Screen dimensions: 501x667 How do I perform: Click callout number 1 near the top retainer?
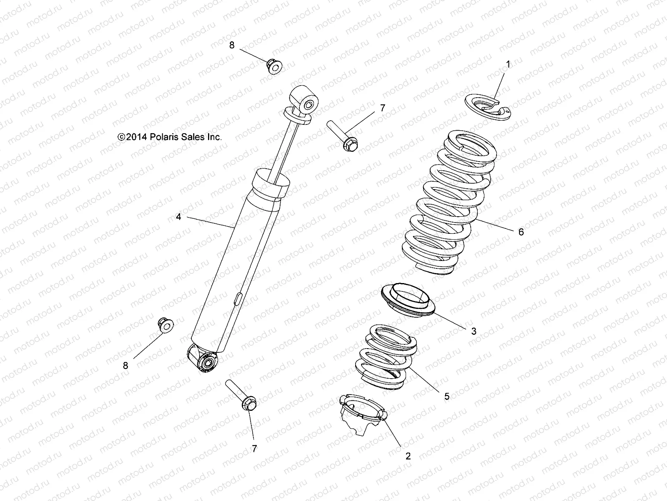click(x=508, y=64)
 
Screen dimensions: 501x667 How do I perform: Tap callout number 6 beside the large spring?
click(x=521, y=232)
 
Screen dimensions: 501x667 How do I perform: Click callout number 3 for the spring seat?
click(x=474, y=331)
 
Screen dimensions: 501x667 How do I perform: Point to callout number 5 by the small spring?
click(x=447, y=396)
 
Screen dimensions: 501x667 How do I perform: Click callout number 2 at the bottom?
click(x=408, y=456)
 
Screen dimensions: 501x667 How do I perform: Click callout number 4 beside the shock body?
click(x=178, y=217)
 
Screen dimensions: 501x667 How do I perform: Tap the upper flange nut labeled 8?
click(x=274, y=67)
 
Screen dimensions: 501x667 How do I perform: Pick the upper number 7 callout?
click(x=382, y=108)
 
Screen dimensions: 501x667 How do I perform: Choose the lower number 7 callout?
click(x=254, y=448)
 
